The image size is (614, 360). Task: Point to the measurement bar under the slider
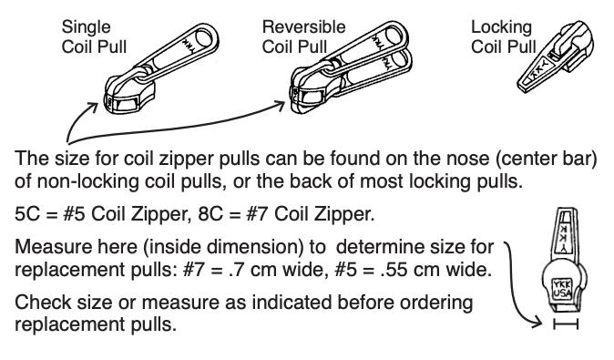click(564, 325)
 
